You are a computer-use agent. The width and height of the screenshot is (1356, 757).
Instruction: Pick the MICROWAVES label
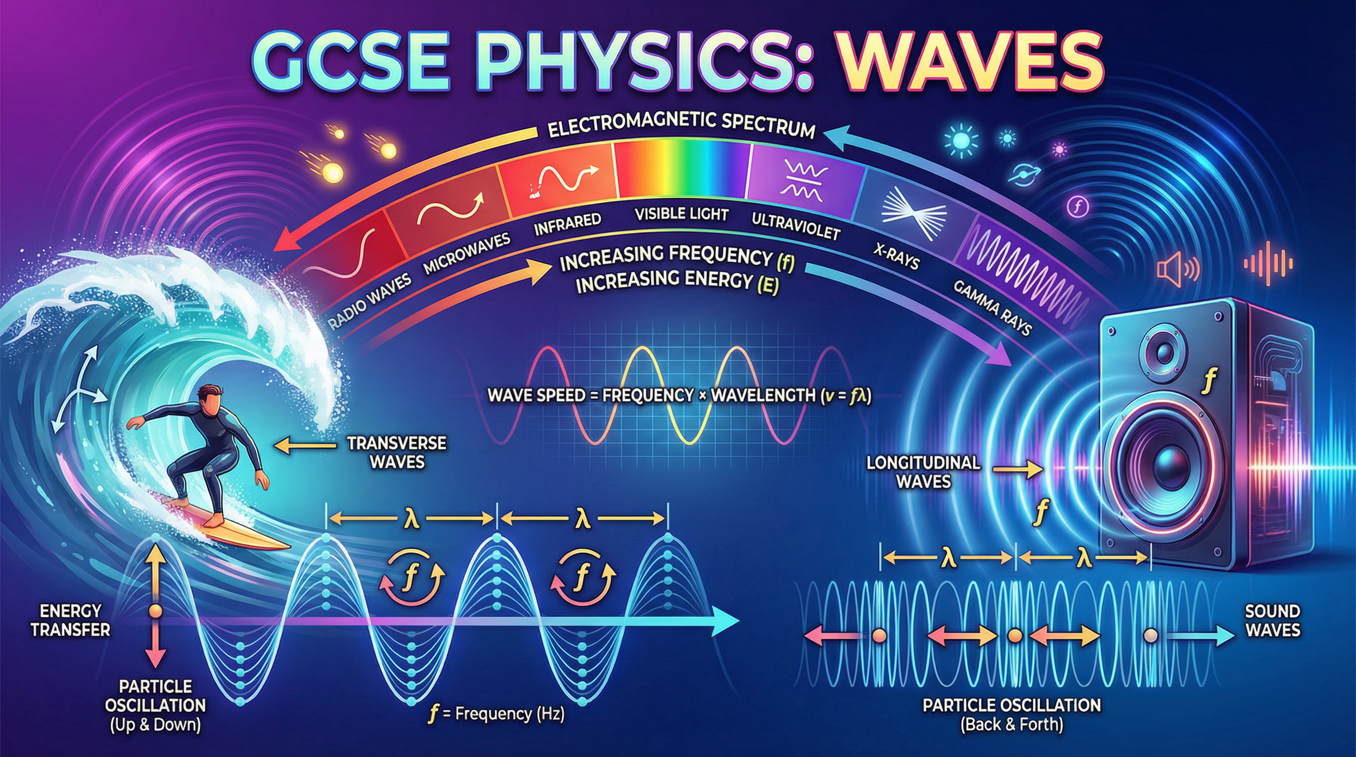(467, 253)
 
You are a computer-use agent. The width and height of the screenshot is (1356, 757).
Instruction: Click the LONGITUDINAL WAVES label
(923, 472)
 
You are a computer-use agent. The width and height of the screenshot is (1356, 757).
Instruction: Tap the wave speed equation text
(679, 395)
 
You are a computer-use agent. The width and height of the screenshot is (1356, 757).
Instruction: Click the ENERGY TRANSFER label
(70, 619)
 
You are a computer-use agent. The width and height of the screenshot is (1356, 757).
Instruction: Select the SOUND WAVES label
(1272, 620)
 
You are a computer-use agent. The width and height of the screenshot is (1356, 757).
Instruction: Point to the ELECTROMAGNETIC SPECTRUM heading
(681, 127)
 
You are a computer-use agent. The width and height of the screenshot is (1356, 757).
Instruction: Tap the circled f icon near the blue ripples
(1077, 206)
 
